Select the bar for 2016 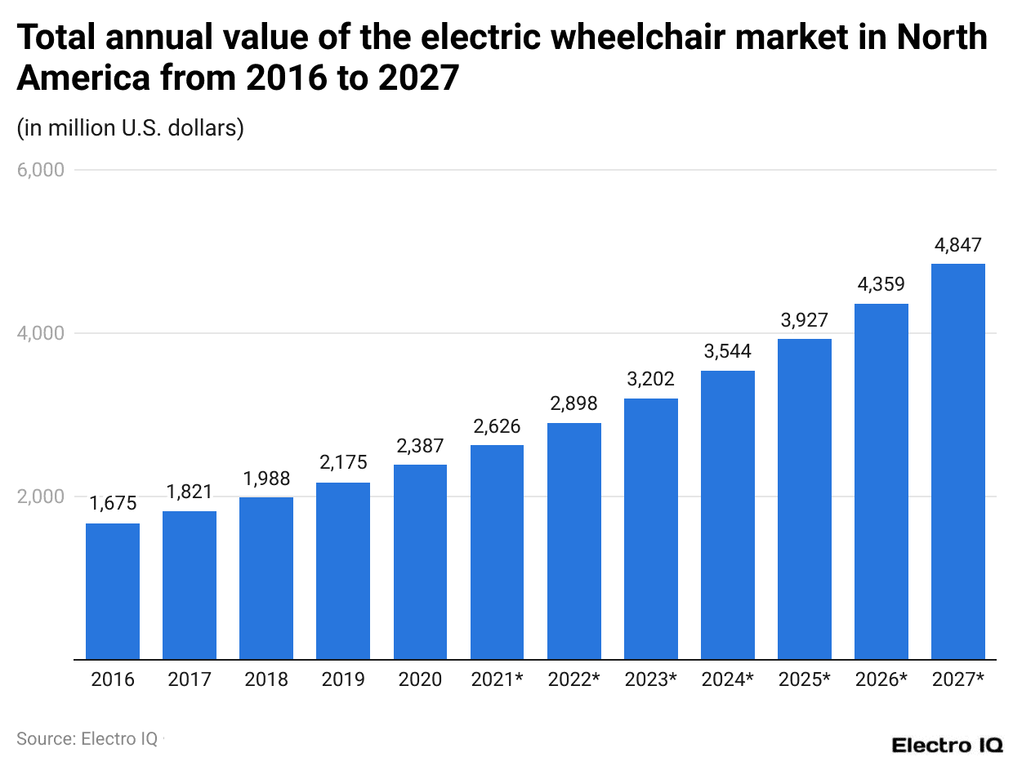pos(113,590)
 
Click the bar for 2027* pos(957,461)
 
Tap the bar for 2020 pos(420,561)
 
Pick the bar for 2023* pos(650,528)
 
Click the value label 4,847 pos(957,245)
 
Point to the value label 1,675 pos(113,504)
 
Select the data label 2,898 pos(573,403)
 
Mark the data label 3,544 pos(727,352)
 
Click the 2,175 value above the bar pos(343,463)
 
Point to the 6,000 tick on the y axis pos(40,171)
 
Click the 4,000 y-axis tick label pos(40,333)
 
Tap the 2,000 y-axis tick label pos(40,497)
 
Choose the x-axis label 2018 pos(266,679)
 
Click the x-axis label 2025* pos(804,679)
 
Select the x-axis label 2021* pos(497,679)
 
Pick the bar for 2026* pos(881,481)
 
